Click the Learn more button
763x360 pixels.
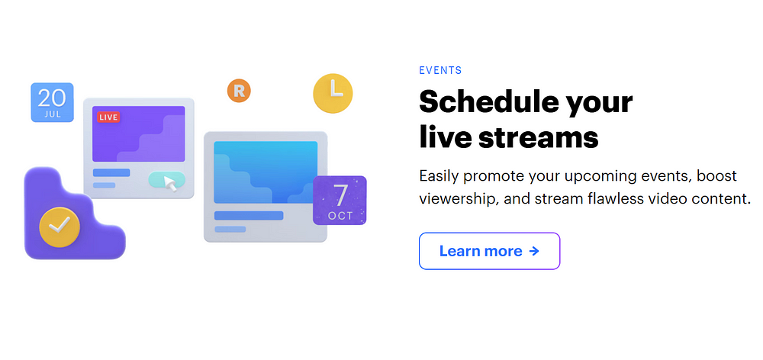click(490, 251)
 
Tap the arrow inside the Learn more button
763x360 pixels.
click(534, 251)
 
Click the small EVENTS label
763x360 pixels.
click(440, 70)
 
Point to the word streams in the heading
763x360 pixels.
click(538, 137)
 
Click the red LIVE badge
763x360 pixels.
click(108, 117)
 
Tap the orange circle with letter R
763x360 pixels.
click(239, 91)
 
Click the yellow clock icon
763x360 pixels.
click(333, 93)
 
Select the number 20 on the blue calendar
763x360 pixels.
click(52, 98)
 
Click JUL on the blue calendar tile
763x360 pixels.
click(53, 115)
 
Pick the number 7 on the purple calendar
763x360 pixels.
click(340, 194)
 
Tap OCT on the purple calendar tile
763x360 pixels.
click(340, 216)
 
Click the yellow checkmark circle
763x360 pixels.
click(60, 227)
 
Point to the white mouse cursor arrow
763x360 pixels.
click(170, 183)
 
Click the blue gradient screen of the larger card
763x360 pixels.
click(266, 172)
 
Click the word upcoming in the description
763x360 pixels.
click(597, 177)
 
